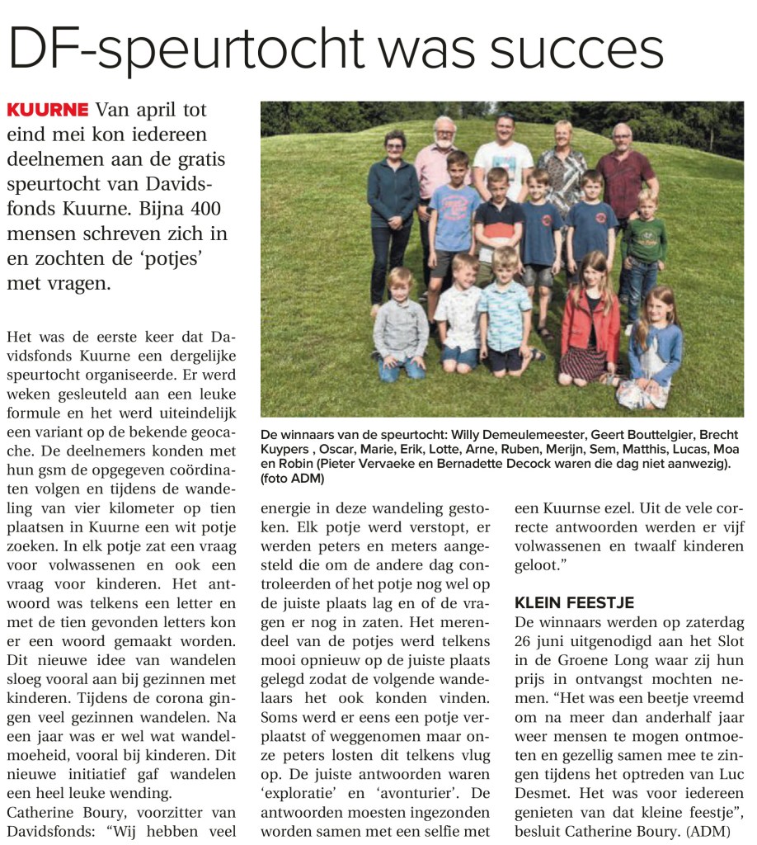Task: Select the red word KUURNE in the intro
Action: point(47,111)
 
